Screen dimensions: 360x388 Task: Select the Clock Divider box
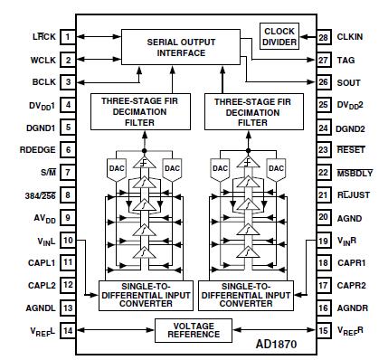click(x=279, y=37)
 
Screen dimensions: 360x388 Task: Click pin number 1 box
click(x=68, y=37)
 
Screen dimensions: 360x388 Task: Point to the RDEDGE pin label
click(x=38, y=149)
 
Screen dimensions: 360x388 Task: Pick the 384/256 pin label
click(x=40, y=194)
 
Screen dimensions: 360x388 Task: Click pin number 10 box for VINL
click(x=68, y=240)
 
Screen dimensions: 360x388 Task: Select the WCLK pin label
click(x=42, y=60)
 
